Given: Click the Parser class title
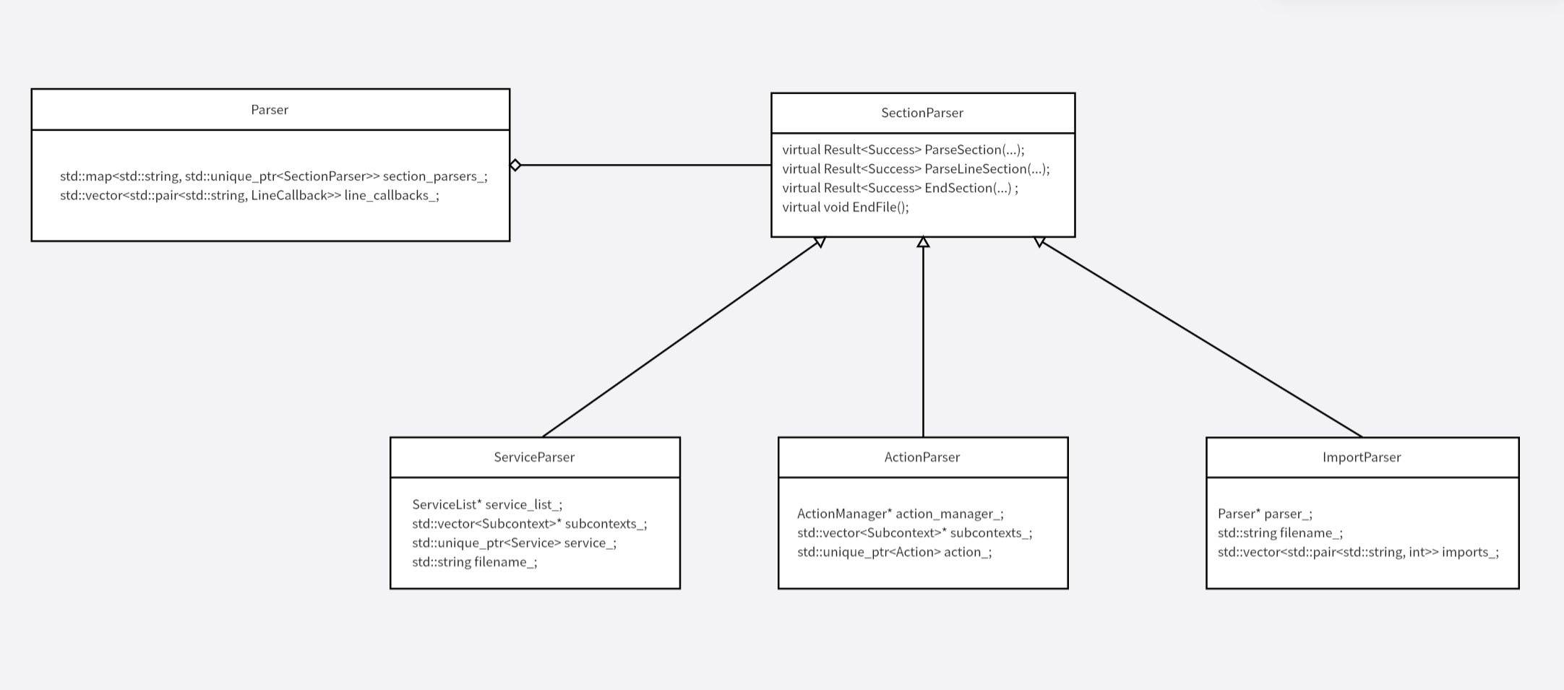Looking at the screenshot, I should pyautogui.click(x=270, y=110).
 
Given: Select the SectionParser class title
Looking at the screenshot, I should pyautogui.click(x=922, y=113).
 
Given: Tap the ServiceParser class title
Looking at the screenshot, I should pyautogui.click(x=534, y=457).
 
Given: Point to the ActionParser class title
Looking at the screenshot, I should pyautogui.click(x=922, y=457).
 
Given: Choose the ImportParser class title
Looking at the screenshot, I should pyautogui.click(x=1362, y=457).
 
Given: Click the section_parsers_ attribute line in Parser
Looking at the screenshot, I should pyautogui.click(x=273, y=176).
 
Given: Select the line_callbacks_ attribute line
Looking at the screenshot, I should pyautogui.click(x=249, y=196).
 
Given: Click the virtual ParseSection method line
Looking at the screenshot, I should pyautogui.click(x=903, y=150).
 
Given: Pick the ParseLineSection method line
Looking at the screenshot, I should pyautogui.click(x=916, y=169).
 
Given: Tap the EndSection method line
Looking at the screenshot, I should pyautogui.click(x=900, y=188).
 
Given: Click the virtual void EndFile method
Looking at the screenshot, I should pyautogui.click(x=846, y=207).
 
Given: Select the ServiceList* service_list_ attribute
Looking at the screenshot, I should pyautogui.click(x=486, y=504).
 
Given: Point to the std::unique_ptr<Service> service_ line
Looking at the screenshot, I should pyautogui.click(x=514, y=543).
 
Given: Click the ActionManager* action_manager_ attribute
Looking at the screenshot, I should pyautogui.click(x=900, y=514).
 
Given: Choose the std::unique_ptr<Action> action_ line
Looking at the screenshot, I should pyautogui.click(x=894, y=552).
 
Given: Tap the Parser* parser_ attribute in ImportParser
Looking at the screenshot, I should pyautogui.click(x=1265, y=514).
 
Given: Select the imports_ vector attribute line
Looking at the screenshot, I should pyautogui.click(x=1358, y=552).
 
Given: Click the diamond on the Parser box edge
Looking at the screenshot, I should pyautogui.click(x=515, y=165).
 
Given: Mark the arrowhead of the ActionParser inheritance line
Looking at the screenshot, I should pyautogui.click(x=923, y=243).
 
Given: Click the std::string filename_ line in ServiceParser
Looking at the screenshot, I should pyautogui.click(x=474, y=562).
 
